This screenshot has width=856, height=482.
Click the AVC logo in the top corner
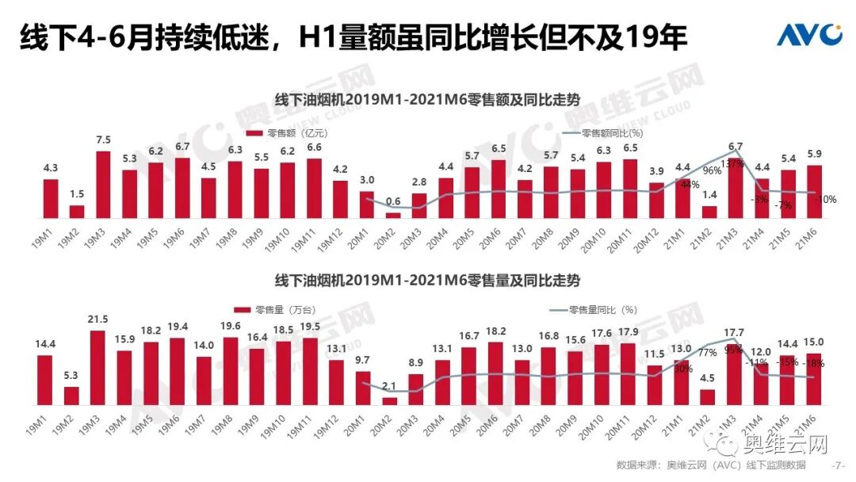point(808,35)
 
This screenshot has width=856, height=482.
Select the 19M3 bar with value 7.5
point(103,184)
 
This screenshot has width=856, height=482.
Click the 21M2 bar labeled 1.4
point(710,212)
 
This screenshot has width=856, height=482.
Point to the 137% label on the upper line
point(733,163)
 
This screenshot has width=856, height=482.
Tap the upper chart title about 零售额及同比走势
point(427,101)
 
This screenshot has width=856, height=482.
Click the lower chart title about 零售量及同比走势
point(427,281)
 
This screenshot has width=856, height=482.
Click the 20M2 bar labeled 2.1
point(390,400)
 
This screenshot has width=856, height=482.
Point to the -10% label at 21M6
point(824,200)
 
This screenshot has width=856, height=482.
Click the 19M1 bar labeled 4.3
point(51,198)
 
